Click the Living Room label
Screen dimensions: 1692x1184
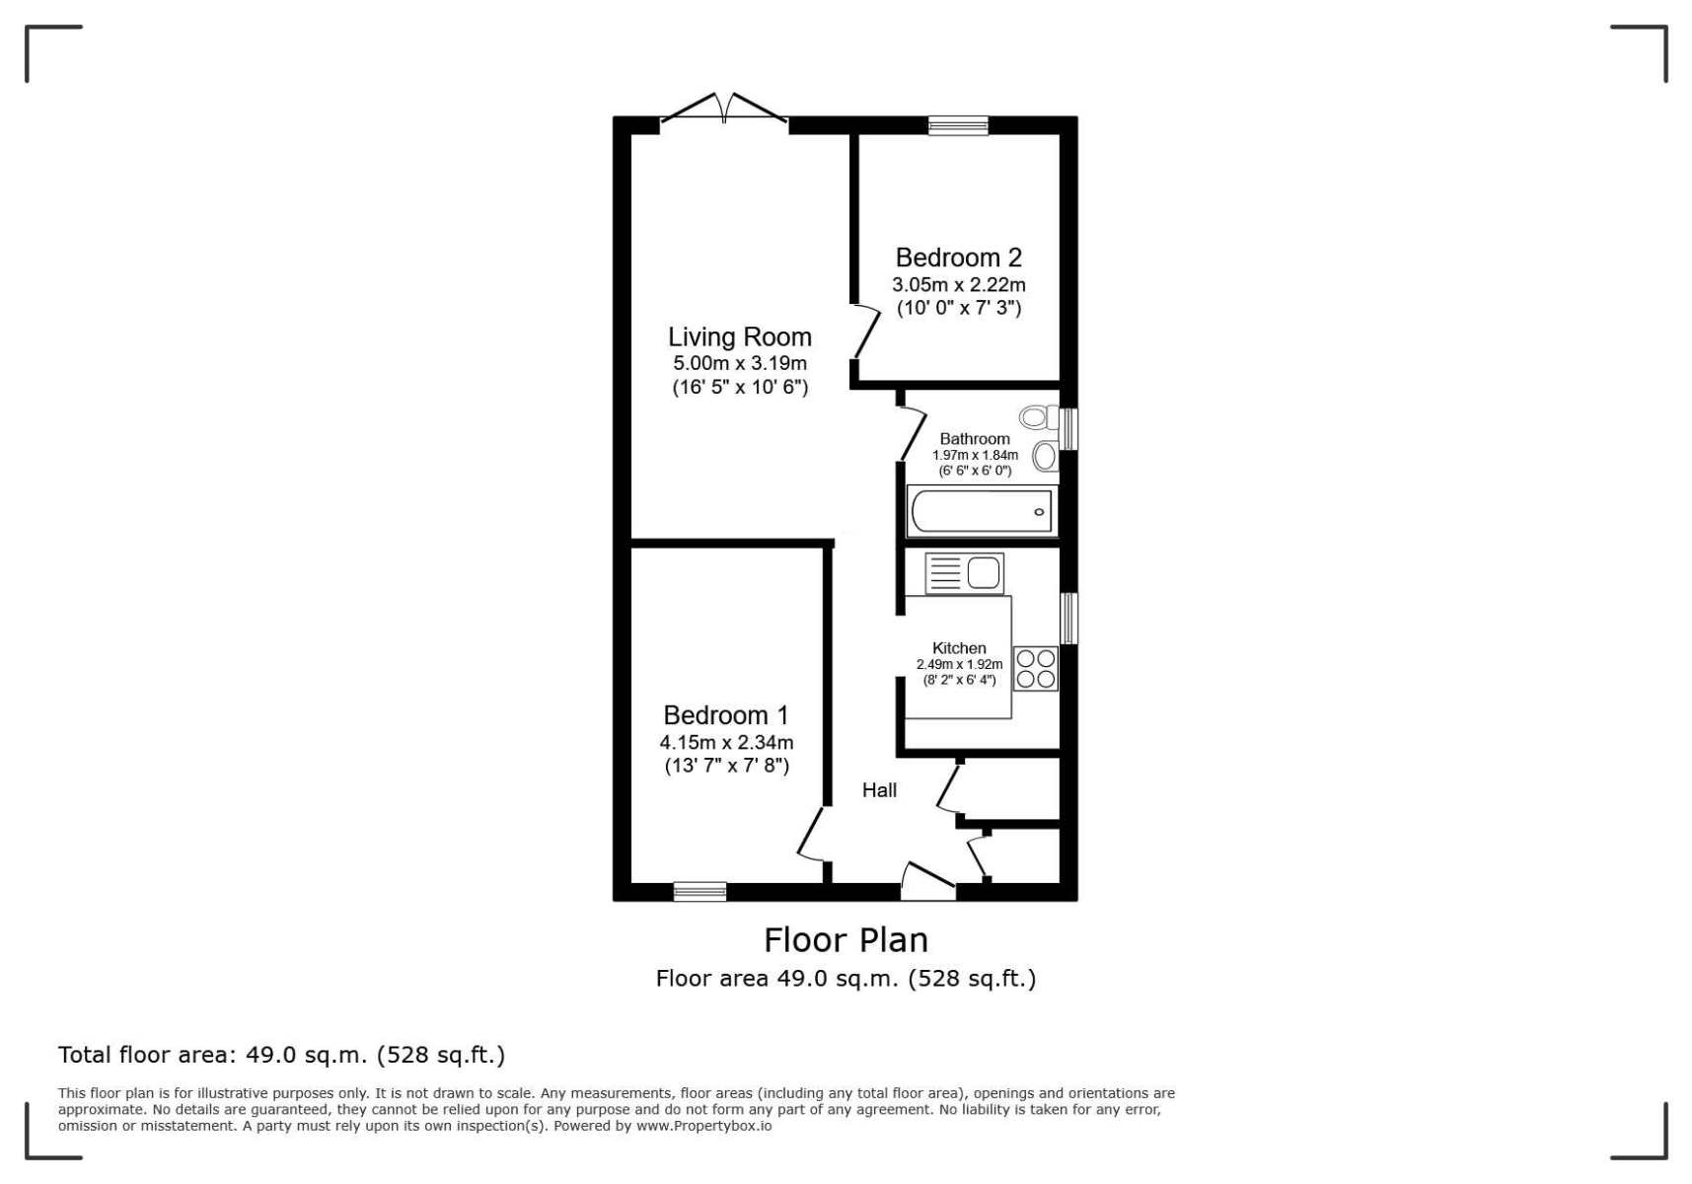pos(740,337)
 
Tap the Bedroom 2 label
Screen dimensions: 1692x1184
pos(958,258)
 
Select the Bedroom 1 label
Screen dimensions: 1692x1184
pos(726,715)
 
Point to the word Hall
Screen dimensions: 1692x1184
pos(879,789)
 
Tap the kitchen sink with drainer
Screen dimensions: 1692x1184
pos(964,573)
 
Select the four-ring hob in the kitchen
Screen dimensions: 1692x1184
pos(1035,668)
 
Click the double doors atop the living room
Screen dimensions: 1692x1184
pos(724,110)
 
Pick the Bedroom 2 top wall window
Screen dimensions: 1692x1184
pos(958,125)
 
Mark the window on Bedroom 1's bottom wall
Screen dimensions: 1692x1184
pos(699,892)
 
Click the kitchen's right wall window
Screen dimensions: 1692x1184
pos(1068,619)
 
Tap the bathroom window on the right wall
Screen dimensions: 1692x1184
pos(1068,429)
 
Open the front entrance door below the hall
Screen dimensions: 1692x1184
pos(928,880)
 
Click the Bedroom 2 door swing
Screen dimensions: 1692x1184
pos(866,331)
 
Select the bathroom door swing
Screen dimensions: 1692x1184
pos(913,433)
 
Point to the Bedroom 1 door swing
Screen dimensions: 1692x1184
pos(811,834)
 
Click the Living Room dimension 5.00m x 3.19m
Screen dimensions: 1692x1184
pos(740,363)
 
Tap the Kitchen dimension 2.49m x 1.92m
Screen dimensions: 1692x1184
pos(959,664)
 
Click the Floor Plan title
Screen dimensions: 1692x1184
pos(846,939)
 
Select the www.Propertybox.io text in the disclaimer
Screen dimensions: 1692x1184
pos(703,1126)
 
